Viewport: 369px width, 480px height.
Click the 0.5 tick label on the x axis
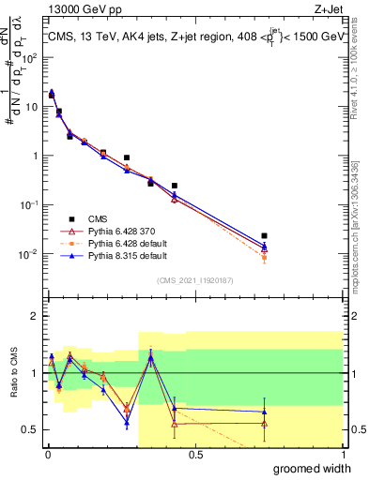195,454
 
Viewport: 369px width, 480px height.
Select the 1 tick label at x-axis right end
343,454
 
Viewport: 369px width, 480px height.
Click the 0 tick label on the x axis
48,454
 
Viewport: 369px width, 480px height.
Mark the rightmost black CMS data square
265,235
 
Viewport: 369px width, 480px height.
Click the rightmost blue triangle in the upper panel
265,247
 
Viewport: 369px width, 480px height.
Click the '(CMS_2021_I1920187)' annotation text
194,280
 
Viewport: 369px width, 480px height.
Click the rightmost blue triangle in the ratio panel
265,412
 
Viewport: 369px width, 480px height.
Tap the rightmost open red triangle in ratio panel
265,423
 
